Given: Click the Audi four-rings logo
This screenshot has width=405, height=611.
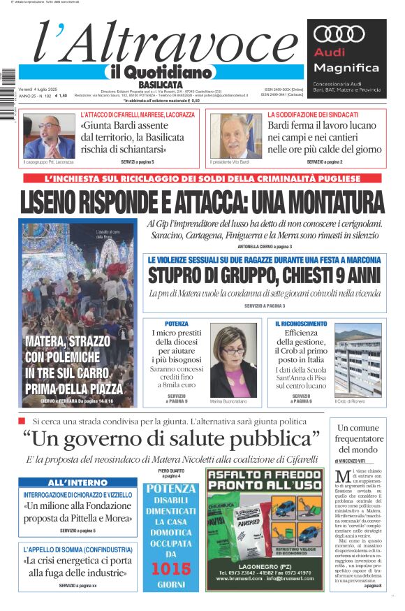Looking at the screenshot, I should (339, 34).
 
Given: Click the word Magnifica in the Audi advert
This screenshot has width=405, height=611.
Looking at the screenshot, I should (346, 68).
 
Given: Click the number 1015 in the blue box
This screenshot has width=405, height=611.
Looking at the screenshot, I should (171, 569).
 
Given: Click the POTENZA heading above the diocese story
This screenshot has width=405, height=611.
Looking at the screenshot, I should (177, 324).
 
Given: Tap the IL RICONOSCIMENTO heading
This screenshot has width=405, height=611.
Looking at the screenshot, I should (300, 324).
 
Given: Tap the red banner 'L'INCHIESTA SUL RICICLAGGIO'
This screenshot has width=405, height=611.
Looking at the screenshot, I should (202, 179).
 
